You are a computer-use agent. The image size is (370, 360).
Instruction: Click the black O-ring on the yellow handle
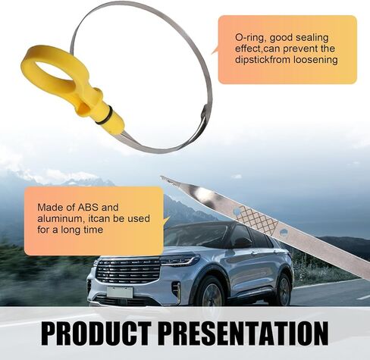click(x=104, y=115)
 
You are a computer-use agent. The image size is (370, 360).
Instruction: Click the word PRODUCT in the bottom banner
click(x=96, y=333)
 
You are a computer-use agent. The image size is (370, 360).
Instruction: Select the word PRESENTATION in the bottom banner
click(x=245, y=333)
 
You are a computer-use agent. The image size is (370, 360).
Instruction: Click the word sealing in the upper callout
click(x=312, y=38)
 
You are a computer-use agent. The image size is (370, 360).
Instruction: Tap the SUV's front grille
click(x=127, y=271)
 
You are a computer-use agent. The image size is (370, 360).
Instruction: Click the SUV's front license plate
click(x=120, y=292)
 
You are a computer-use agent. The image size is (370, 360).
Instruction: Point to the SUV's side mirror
click(x=243, y=243)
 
